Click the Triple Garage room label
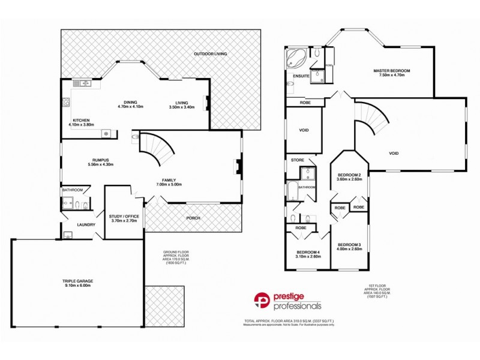point(77,280)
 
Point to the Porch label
point(193,218)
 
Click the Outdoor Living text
point(210,54)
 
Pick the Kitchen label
point(82,119)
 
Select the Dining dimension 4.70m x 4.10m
point(130,107)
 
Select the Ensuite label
point(301,76)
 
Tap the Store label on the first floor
point(297,160)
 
